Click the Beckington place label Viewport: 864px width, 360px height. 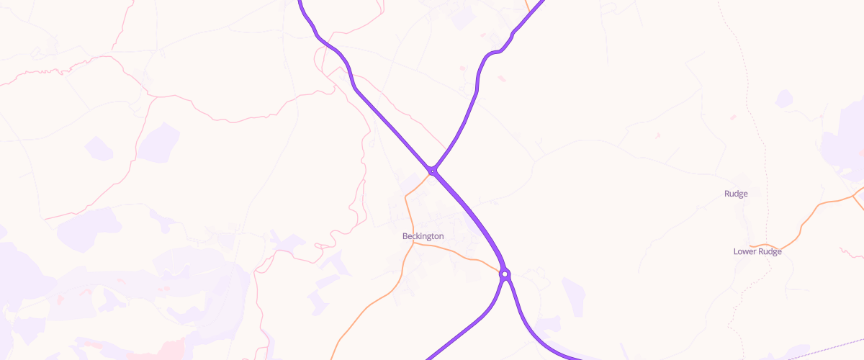[423, 236]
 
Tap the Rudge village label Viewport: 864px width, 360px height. [736, 194]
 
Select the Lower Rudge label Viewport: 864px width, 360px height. [757, 251]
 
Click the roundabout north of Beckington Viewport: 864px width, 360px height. [432, 171]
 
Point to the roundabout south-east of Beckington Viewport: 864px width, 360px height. [505, 274]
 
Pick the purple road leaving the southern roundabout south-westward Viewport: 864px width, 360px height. [468, 328]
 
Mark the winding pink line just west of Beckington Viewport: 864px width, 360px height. [356, 194]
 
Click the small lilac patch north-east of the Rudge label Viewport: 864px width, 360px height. [783, 99]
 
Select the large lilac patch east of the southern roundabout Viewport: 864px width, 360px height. [574, 295]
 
